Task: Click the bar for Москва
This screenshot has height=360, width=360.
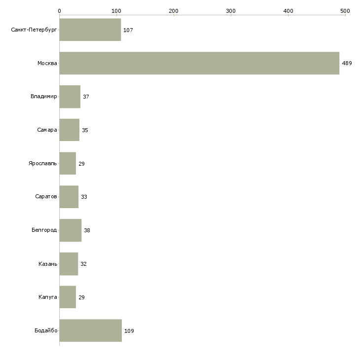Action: [199, 63]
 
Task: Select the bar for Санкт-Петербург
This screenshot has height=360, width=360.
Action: [90, 30]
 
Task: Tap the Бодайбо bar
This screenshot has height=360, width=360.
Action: [91, 330]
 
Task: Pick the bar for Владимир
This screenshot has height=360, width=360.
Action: [70, 97]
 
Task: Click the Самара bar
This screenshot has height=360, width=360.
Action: [70, 130]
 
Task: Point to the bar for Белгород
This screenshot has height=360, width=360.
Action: [71, 230]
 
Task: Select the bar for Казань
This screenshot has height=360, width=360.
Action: [69, 264]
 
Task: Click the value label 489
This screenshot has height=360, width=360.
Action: [347, 63]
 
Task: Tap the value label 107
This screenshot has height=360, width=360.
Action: [128, 30]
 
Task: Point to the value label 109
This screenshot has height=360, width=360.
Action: [129, 331]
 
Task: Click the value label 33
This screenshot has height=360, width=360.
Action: [84, 197]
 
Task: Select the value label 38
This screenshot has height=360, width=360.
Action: [87, 230]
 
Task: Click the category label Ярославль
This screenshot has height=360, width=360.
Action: [43, 163]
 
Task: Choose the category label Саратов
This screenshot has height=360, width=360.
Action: [46, 197]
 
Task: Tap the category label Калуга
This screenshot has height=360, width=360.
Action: [48, 297]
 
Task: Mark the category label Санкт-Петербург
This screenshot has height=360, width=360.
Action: [34, 30]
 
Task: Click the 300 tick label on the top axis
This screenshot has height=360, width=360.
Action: [231, 11]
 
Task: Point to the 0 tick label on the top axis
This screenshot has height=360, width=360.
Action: [60, 11]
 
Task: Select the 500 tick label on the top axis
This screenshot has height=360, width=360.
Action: [345, 11]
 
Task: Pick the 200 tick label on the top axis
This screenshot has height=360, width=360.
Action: [174, 11]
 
